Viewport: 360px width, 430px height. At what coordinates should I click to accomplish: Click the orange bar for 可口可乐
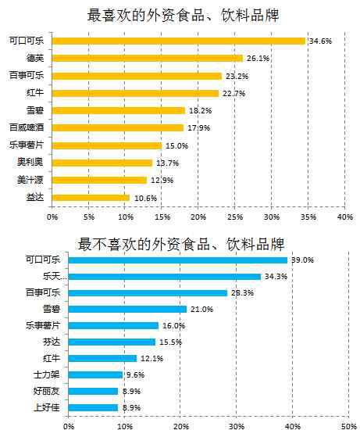point(179,41)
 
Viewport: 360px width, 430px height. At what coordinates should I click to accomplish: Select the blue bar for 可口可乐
point(178,260)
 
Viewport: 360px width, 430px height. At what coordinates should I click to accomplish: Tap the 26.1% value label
point(258,58)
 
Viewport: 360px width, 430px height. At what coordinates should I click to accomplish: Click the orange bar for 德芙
point(148,59)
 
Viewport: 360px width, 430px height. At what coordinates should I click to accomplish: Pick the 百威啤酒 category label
point(27,127)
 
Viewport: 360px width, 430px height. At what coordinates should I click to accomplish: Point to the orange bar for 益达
point(91,198)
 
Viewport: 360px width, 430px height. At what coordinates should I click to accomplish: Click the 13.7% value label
point(167,163)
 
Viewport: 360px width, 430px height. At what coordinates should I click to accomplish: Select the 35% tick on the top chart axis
point(308,217)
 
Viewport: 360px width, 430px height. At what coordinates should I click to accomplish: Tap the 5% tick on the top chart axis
point(89,217)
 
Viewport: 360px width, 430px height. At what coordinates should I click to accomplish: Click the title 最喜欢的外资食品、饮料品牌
point(183,15)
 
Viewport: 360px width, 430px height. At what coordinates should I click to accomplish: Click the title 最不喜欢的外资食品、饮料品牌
point(181,244)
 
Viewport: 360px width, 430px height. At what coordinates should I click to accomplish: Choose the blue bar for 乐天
point(165,277)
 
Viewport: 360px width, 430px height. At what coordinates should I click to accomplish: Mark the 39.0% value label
point(303,260)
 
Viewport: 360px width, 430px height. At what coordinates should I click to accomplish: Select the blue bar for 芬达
point(112,342)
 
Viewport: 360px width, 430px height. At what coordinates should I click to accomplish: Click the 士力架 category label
point(46,374)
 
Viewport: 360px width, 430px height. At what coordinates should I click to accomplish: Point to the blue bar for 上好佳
point(93,408)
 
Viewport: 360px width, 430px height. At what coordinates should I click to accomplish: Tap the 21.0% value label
point(202,310)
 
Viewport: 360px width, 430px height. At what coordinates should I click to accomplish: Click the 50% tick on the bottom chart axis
point(348,426)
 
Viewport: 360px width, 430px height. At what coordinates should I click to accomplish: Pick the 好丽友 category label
point(46,391)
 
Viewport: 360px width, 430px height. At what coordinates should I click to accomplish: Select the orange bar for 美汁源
point(99,181)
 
